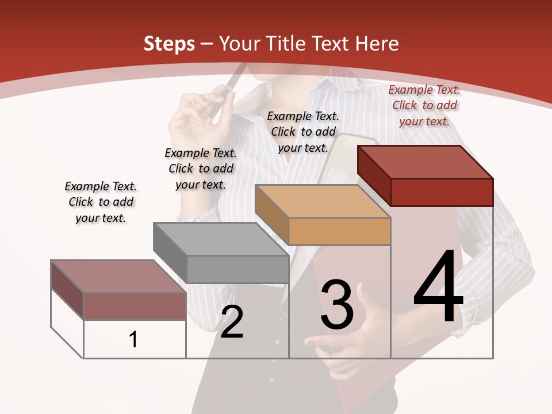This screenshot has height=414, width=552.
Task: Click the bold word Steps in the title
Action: click(169, 44)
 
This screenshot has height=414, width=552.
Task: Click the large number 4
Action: click(438, 287)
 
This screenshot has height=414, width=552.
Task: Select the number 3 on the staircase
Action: click(337, 305)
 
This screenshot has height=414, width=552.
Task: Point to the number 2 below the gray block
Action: click(232, 322)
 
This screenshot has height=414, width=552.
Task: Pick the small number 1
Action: click(133, 340)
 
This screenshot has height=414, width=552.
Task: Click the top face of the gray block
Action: click(220, 239)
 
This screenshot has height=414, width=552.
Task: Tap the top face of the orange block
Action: click(322, 201)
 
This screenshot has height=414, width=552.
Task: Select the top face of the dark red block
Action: click(424, 162)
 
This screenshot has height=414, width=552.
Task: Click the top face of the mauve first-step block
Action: click(118, 277)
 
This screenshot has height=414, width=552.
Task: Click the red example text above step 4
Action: click(424, 105)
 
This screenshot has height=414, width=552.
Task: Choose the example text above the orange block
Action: click(303, 132)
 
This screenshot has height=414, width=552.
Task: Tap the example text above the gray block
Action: click(201, 168)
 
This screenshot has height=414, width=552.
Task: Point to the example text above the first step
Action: click(101, 202)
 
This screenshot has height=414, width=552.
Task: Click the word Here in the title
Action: click(377, 44)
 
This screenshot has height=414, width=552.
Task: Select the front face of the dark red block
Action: click(442, 192)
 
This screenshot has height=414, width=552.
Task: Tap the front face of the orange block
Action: click(339, 231)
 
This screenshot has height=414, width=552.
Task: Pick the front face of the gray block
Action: click(237, 269)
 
